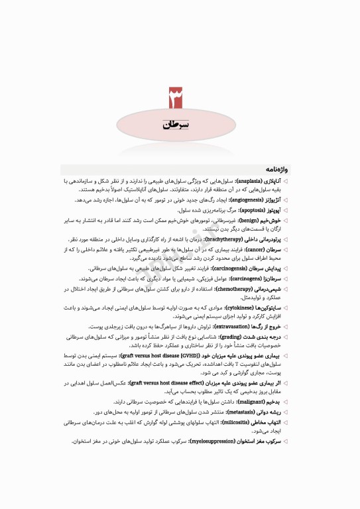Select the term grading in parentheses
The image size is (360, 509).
[x=247, y=337]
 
